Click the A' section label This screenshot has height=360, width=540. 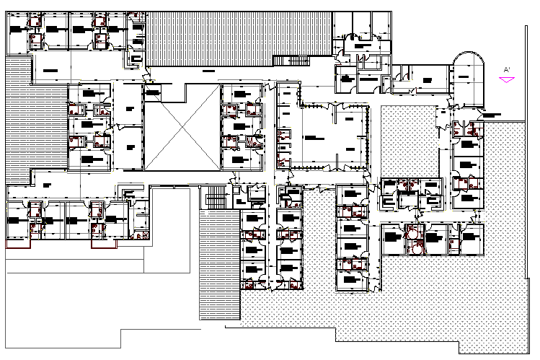(x=507, y=69)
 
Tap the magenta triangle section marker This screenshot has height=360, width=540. (x=508, y=80)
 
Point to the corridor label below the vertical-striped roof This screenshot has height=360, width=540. (x=209, y=71)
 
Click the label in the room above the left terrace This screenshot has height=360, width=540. (x=48, y=70)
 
